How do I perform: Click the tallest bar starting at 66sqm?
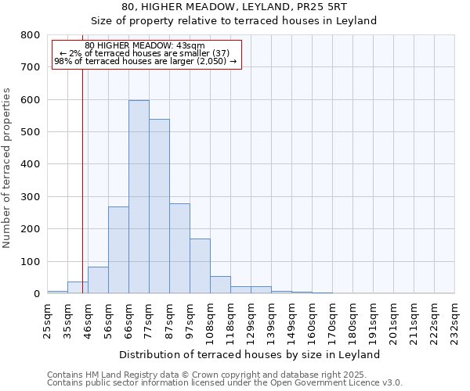(x=139, y=197)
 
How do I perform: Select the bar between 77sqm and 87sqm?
(x=159, y=206)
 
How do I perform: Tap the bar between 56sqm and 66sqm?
(x=118, y=250)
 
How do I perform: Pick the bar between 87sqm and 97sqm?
(x=179, y=249)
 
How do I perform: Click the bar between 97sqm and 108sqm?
(x=200, y=266)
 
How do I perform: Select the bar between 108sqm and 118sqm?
(x=220, y=285)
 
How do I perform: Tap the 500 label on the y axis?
(x=31, y=132)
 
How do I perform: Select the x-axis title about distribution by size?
(x=251, y=354)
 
